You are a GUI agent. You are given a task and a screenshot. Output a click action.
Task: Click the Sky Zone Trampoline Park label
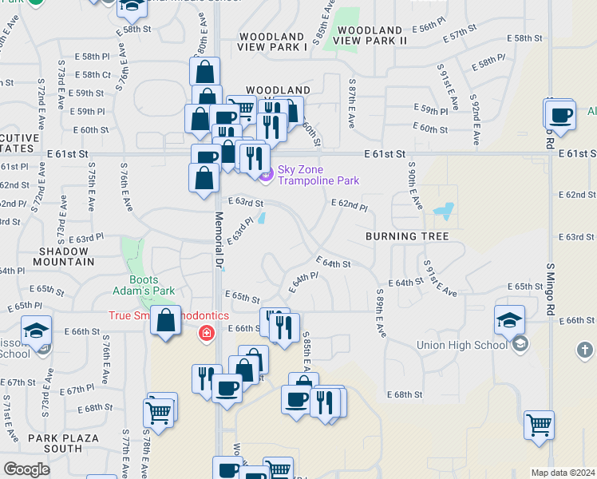(318, 176)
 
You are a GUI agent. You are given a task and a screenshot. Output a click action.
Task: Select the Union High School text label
(462, 345)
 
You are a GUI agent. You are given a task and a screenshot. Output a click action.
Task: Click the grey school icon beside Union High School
(520, 345)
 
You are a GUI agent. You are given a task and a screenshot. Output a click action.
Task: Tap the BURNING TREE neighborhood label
(407, 236)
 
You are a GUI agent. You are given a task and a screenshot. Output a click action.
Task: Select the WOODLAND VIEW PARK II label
(371, 34)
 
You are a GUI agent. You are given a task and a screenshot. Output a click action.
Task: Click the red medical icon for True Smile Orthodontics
(207, 332)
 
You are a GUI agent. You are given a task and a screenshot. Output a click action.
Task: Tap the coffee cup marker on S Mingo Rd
(560, 114)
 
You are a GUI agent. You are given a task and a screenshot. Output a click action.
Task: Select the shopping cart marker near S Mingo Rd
(540, 424)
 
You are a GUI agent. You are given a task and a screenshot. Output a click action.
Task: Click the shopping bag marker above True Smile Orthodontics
(165, 322)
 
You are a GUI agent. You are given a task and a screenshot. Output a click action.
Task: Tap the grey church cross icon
(584, 350)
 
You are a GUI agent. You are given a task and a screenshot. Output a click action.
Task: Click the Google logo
(26, 469)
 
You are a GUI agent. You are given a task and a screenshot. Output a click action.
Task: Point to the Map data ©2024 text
(563, 473)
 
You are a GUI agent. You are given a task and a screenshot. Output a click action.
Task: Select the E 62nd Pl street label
(350, 207)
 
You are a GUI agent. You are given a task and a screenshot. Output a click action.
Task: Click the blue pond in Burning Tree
(442, 212)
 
